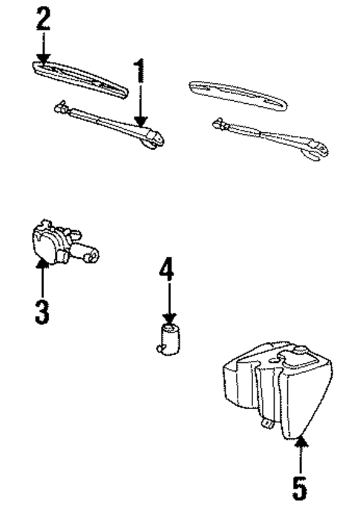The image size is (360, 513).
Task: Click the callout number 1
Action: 139,72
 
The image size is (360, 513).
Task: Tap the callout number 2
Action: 44,18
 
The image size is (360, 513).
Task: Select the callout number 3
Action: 42,308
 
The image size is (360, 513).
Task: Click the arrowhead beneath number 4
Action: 169,318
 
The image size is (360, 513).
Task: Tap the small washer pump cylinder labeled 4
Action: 170,338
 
